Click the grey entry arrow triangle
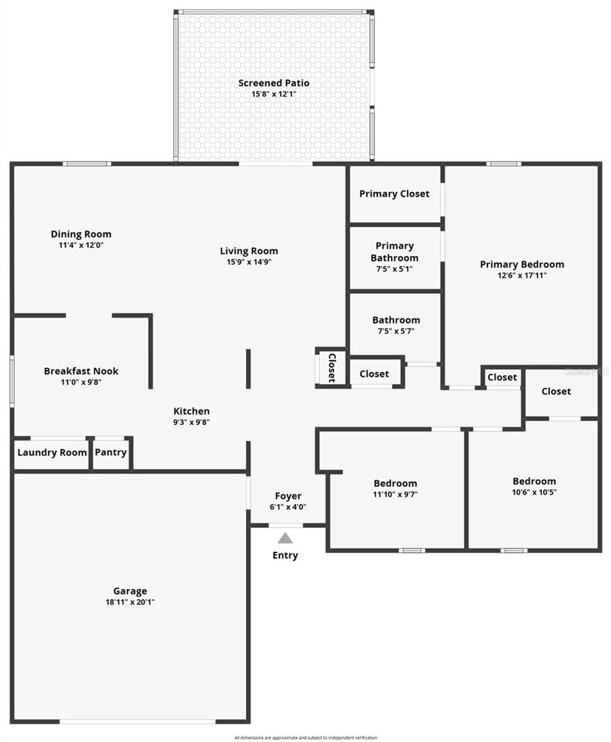[286, 538]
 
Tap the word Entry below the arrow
[285, 555]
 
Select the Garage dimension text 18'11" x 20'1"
[130, 602]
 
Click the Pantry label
[111, 452]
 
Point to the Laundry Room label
[52, 452]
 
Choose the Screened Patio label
[274, 83]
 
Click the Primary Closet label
[394, 194]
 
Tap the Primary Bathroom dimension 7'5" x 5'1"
[394, 269]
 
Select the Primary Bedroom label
[521, 264]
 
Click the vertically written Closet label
[331, 368]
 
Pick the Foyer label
[288, 496]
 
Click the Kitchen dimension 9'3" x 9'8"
[192, 422]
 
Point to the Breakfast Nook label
[81, 371]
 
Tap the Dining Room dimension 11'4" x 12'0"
[81, 245]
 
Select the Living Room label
[249, 251]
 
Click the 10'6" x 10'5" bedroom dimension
[534, 492]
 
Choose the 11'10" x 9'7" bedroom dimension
[395, 494]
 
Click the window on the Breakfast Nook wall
[11, 381]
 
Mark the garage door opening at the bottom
[137, 722]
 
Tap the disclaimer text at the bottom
[305, 738]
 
